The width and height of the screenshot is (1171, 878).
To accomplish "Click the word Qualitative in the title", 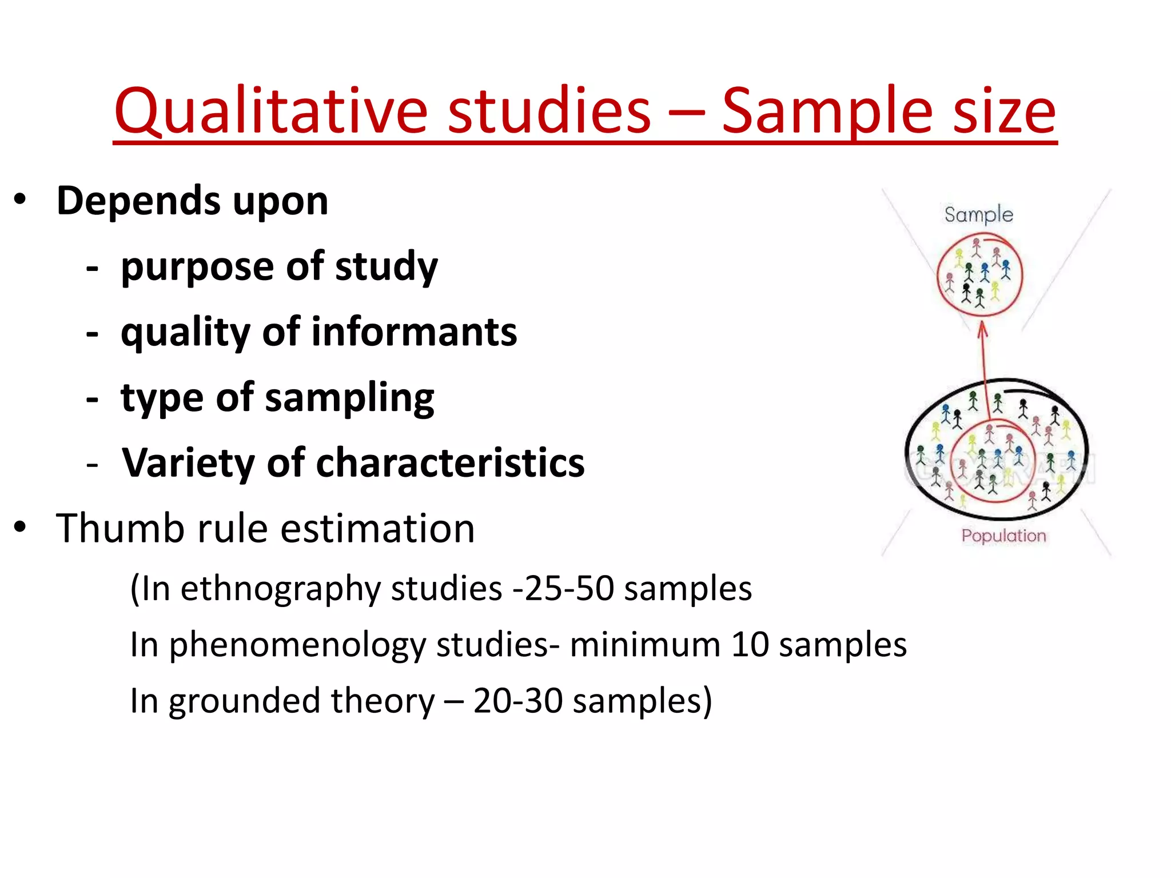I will (270, 111).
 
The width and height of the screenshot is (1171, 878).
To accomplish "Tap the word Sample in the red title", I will (826, 111).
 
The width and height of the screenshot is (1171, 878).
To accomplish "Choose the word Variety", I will (188, 463).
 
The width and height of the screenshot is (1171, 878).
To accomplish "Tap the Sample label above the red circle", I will (978, 215).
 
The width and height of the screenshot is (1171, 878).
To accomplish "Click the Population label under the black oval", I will (1003, 536).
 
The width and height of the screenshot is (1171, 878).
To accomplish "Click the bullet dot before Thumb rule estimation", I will (21, 527).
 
